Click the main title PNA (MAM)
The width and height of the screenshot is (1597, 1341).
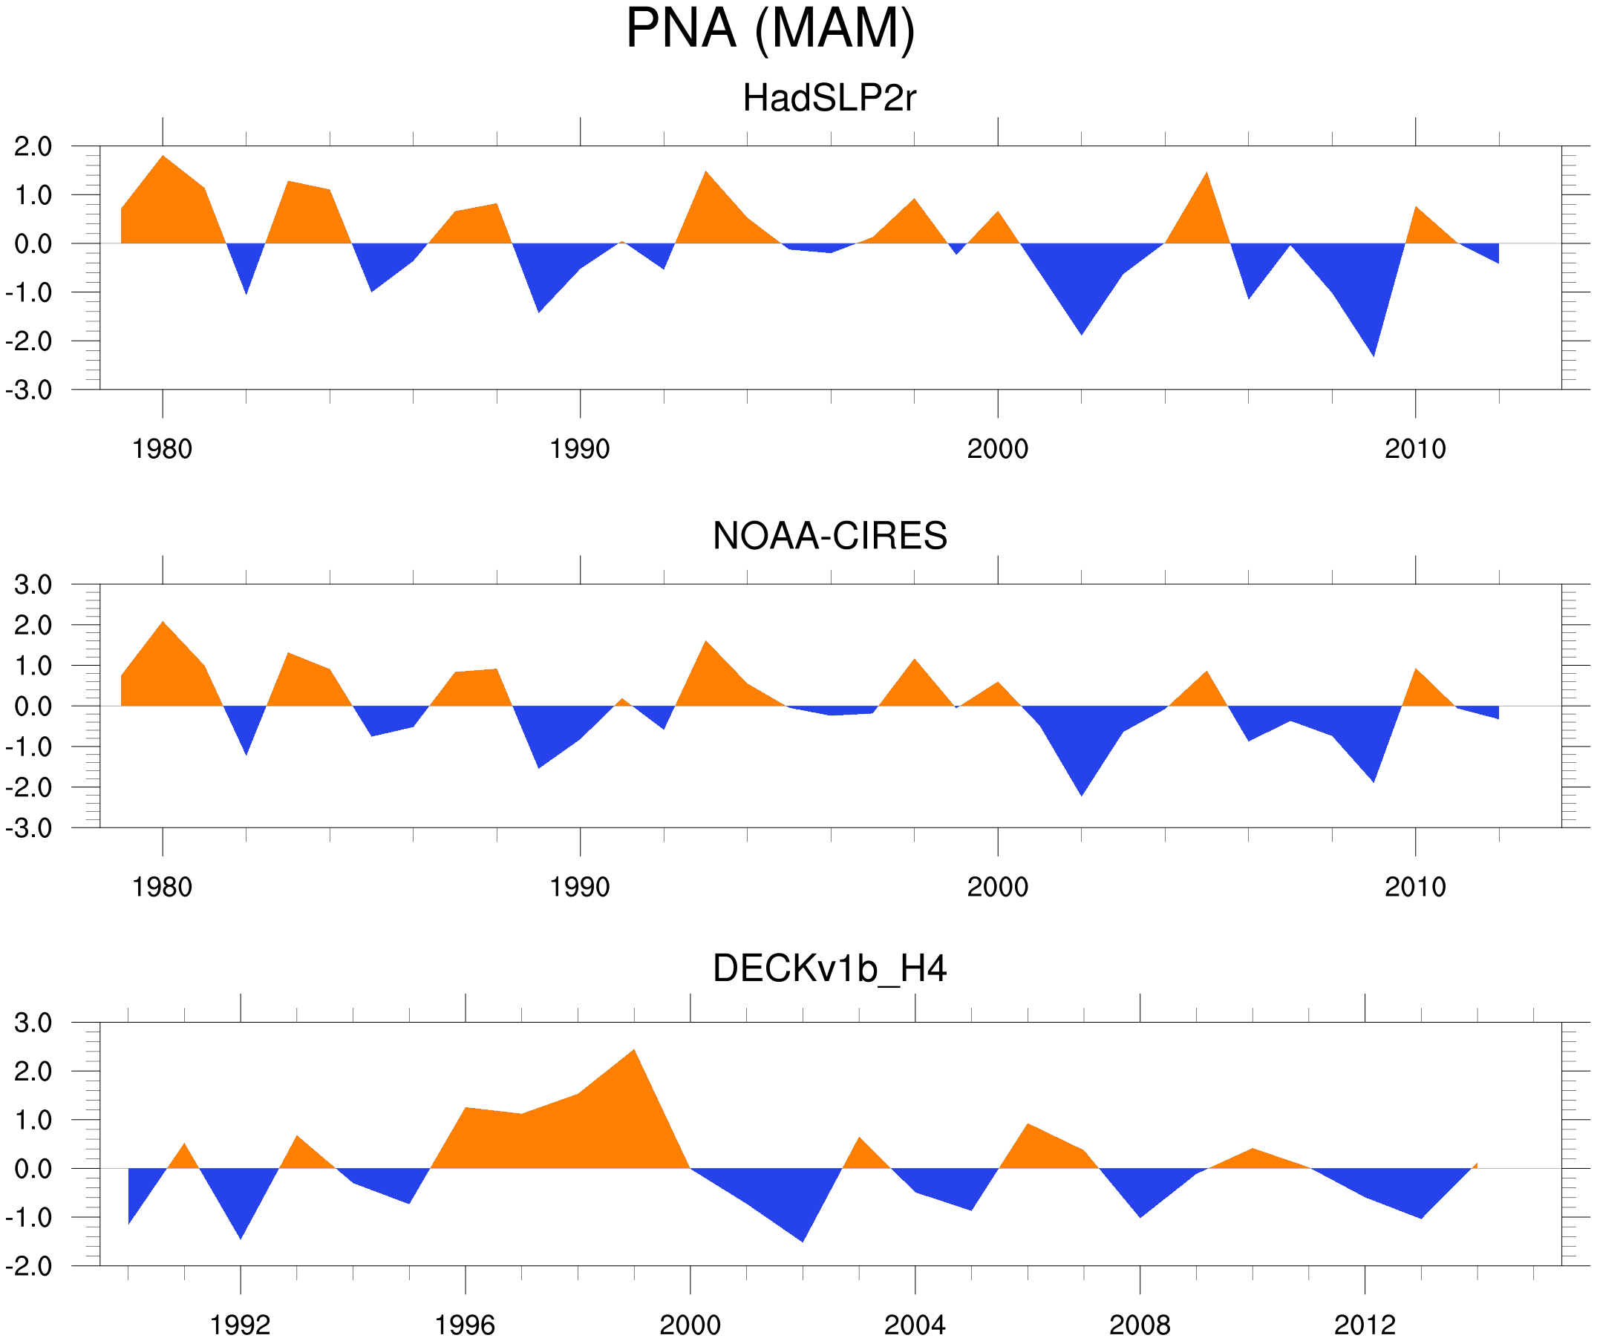coord(770,29)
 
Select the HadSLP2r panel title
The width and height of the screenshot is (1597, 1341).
coord(829,99)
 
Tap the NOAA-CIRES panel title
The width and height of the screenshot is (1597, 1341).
coord(829,536)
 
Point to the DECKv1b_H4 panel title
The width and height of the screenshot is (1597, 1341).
coord(829,968)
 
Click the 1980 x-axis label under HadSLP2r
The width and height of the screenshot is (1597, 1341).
coord(162,449)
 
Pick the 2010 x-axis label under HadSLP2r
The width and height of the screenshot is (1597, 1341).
coord(1414,449)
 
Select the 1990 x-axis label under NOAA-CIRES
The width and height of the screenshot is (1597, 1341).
coord(580,887)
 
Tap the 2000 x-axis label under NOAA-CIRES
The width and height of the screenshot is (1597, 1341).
coord(997,887)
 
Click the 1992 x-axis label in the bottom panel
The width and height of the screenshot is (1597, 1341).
coord(241,1325)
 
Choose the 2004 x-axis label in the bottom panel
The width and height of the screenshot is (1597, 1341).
coord(914,1325)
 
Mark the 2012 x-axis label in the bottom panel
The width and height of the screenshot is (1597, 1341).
coord(1365,1325)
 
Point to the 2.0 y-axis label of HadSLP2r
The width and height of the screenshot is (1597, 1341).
coord(33,147)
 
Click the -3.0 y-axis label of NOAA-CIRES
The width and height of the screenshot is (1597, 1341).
coord(29,829)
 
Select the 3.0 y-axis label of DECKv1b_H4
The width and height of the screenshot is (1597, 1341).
coord(33,1023)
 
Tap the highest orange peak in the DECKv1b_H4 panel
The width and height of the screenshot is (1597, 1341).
coord(633,1052)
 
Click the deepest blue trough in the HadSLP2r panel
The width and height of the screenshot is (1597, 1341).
coord(1373,354)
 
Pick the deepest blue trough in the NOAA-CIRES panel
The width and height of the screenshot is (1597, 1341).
coord(1082,793)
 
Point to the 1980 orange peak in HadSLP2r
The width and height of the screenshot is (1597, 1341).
coord(163,157)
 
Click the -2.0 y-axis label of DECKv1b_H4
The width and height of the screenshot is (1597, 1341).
coord(29,1267)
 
